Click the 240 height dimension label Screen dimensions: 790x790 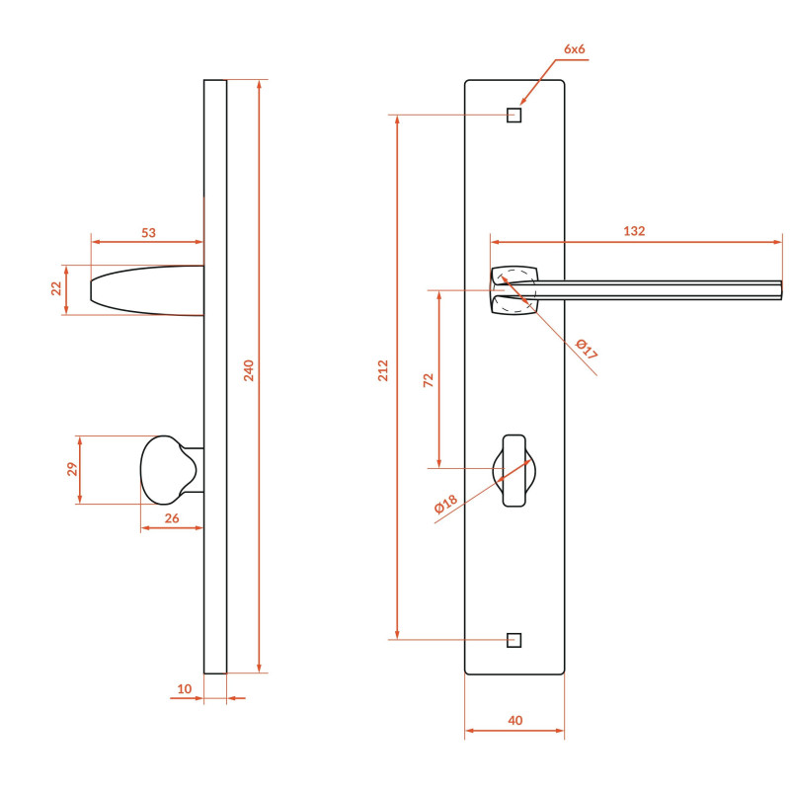click(249, 370)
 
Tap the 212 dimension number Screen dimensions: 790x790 click(383, 370)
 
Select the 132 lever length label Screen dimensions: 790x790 click(634, 231)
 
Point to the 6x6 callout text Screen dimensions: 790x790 click(575, 48)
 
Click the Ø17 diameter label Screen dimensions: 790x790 click(587, 349)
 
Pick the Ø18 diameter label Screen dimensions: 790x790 click(446, 504)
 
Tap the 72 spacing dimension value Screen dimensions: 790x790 click(429, 380)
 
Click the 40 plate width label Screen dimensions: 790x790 click(514, 721)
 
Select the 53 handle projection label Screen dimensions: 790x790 click(149, 233)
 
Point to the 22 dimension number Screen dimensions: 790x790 click(56, 288)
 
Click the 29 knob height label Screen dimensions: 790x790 click(72, 469)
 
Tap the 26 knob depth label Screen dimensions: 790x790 click(172, 517)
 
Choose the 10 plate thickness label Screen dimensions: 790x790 click(185, 688)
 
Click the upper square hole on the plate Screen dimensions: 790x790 click(513, 115)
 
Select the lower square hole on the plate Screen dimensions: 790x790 click(513, 640)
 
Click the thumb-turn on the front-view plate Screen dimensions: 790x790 click(513, 470)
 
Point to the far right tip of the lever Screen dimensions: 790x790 click(781, 290)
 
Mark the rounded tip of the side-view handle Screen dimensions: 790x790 click(91, 289)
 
